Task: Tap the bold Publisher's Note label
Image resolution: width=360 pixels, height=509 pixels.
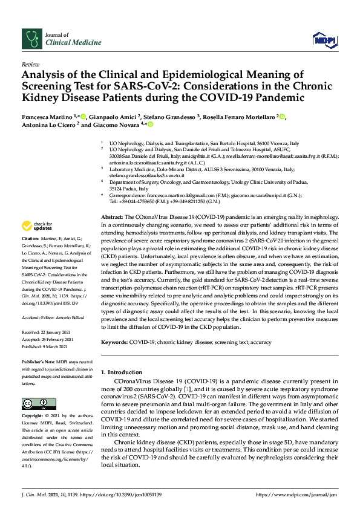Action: coord(38,361)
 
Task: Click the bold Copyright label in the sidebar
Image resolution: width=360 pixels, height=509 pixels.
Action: coord(33,417)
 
